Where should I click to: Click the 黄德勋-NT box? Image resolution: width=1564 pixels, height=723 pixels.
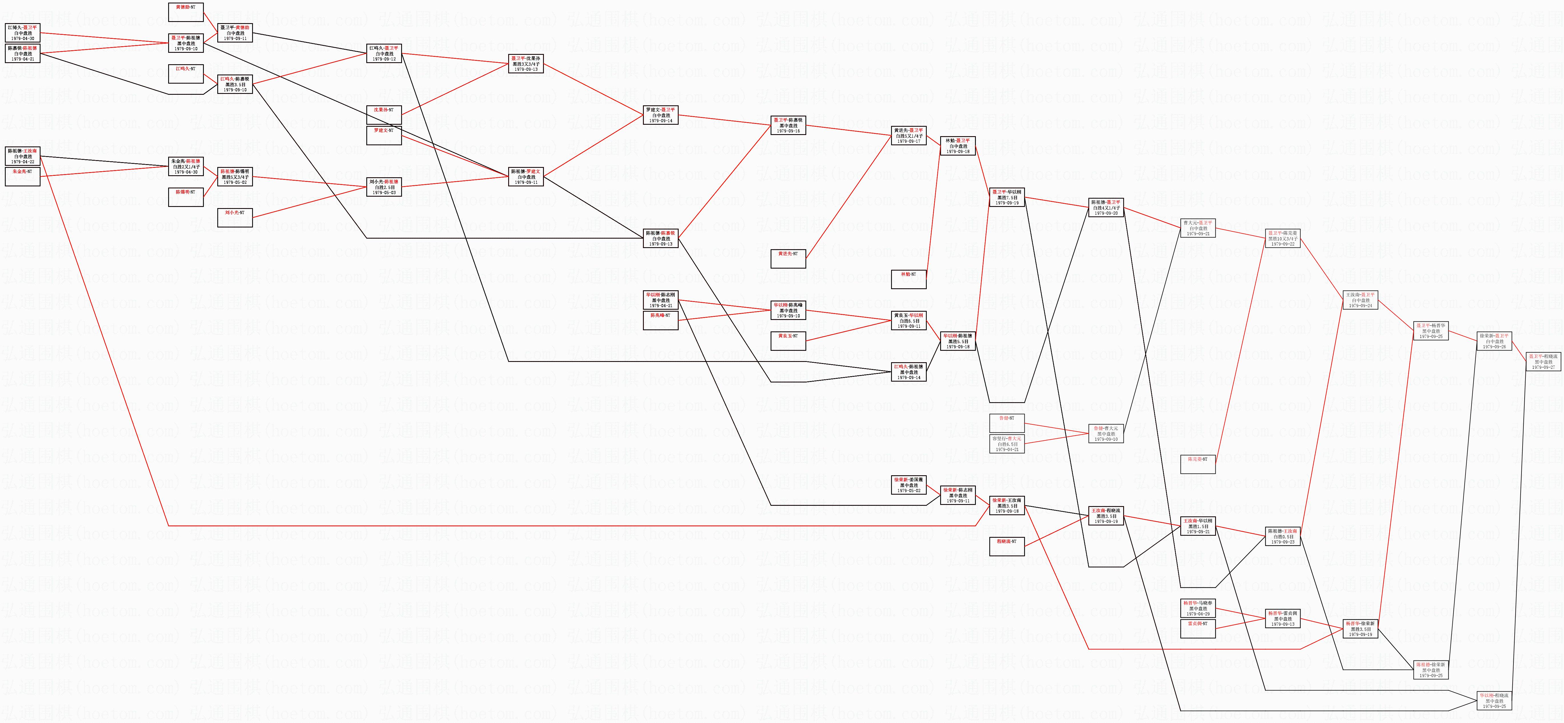[x=186, y=12]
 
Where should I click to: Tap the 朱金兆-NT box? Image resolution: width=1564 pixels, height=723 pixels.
[x=23, y=177]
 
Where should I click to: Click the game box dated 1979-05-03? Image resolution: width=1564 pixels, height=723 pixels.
[x=384, y=187]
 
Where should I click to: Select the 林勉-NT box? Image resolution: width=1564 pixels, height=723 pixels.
[x=909, y=279]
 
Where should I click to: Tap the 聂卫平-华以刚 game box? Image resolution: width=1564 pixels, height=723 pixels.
[x=1007, y=197]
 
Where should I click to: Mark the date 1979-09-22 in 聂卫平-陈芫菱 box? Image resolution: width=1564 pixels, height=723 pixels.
[x=1283, y=244]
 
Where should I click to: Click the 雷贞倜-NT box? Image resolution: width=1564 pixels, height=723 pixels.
[x=1198, y=628]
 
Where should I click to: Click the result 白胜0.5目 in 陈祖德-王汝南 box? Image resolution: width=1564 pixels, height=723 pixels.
[x=1283, y=537]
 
